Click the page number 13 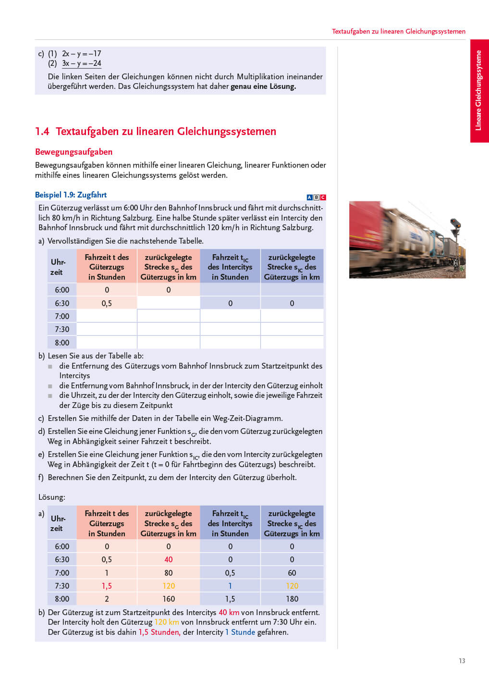[462, 661]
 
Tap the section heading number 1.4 [42, 132]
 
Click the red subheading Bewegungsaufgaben [73, 152]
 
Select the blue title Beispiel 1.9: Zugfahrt [71, 195]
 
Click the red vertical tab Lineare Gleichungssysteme [478, 90]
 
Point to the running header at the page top [398, 31]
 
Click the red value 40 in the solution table [168, 559]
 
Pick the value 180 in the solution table [292, 599]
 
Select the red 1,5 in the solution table [107, 586]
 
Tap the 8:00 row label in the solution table [62, 599]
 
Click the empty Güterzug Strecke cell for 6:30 [168, 303]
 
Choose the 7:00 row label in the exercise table [62, 316]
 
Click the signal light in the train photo [455, 224]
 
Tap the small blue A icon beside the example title [309, 198]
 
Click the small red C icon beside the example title [323, 198]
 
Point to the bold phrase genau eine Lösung [263, 86]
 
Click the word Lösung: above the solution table [52, 497]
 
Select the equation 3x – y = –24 [81, 63]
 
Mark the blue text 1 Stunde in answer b [240, 632]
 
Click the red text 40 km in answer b [229, 612]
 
